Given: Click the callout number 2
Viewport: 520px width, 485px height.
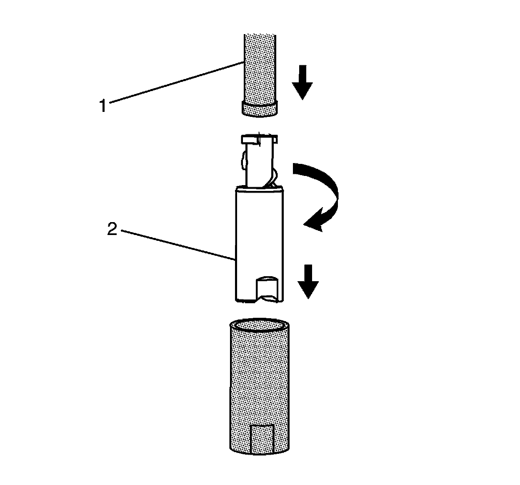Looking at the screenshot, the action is [x=112, y=229].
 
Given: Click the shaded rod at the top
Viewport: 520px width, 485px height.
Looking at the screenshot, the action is [x=260, y=67].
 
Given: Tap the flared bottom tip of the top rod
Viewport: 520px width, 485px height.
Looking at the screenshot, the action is [x=260, y=110].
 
